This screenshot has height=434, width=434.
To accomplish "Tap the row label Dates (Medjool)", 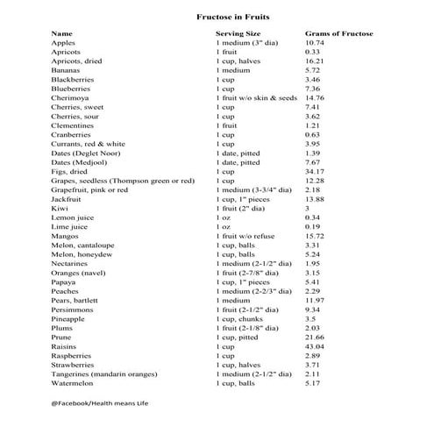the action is (79, 162).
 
